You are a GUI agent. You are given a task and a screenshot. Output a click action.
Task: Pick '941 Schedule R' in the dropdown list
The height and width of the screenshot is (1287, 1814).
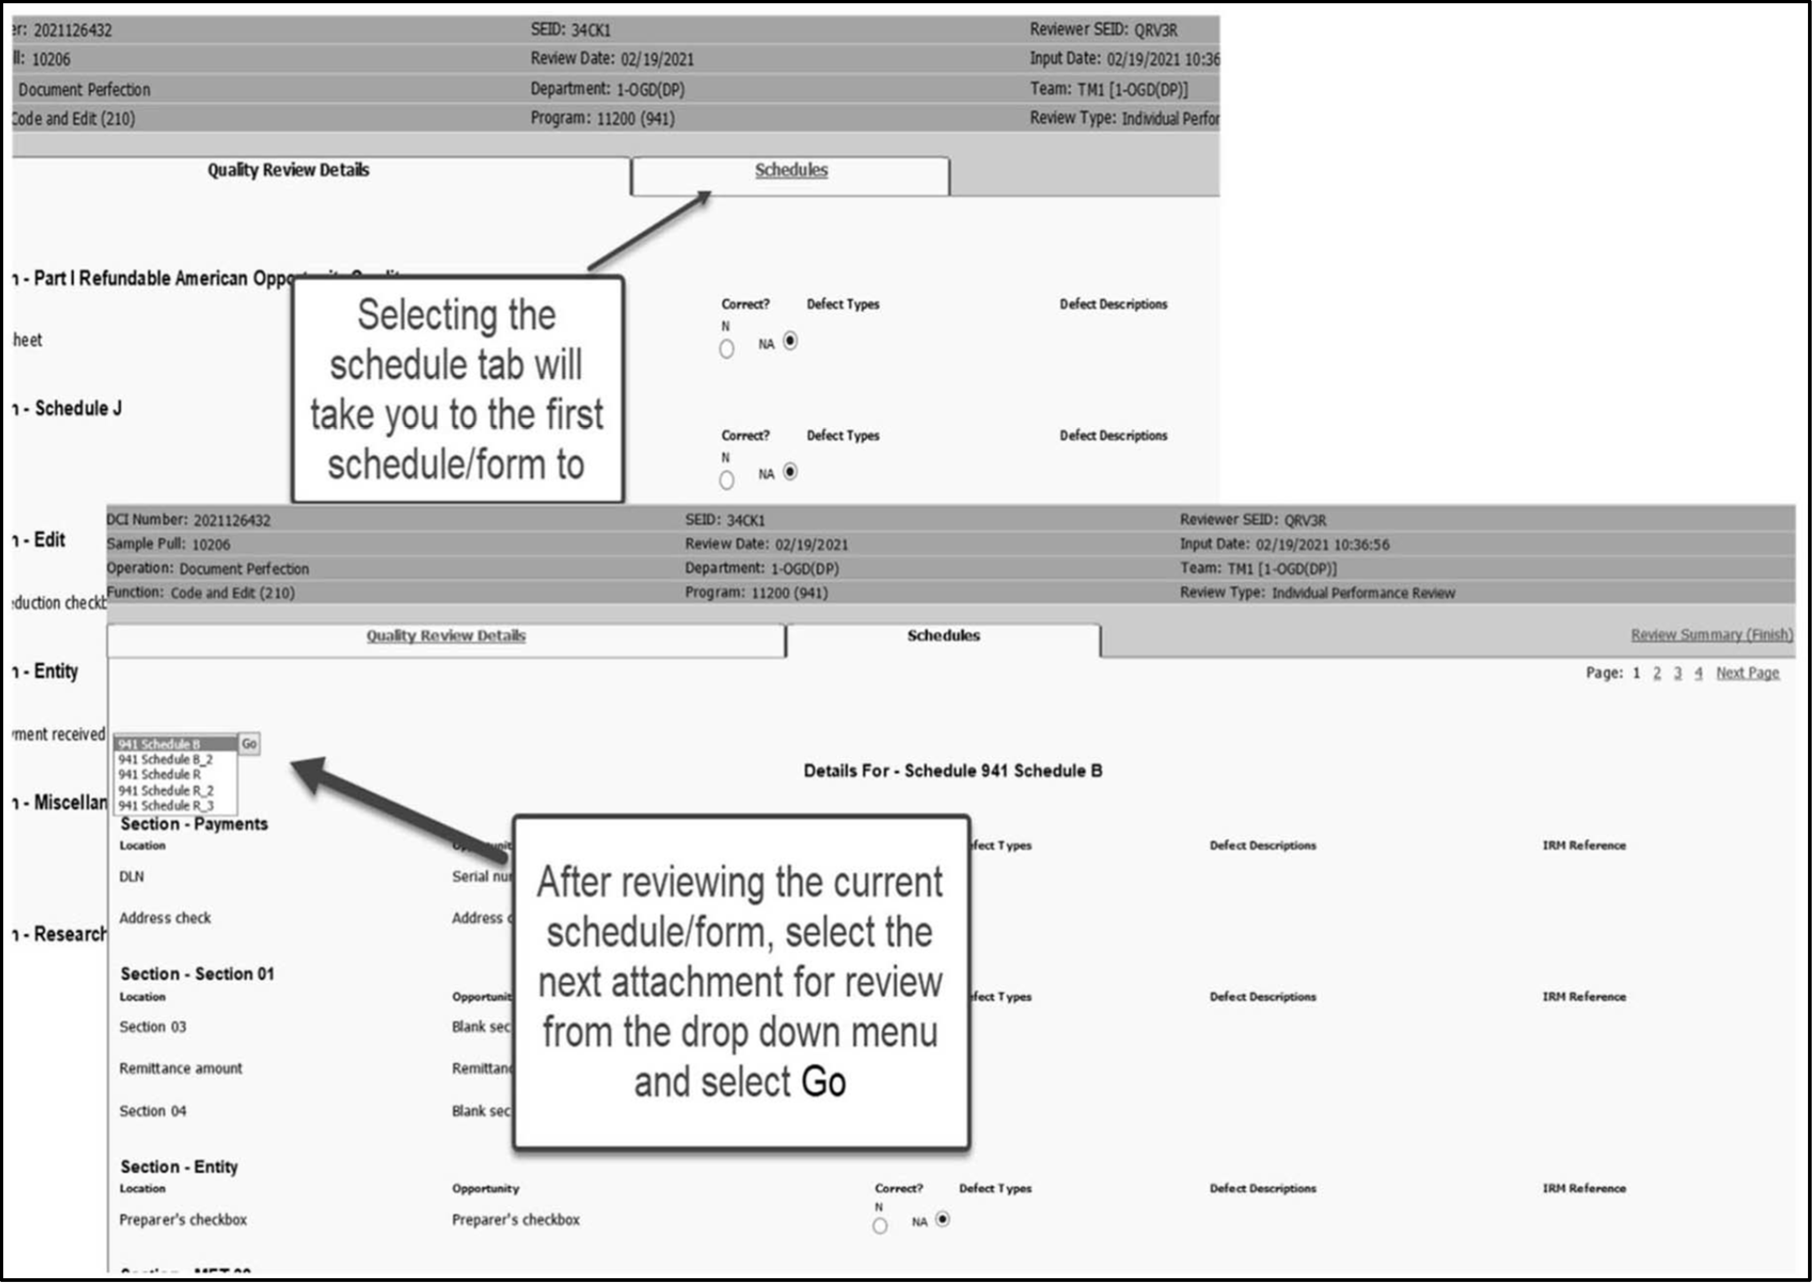coord(159,775)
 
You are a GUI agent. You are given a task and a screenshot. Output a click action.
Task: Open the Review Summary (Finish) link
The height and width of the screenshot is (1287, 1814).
coord(1711,635)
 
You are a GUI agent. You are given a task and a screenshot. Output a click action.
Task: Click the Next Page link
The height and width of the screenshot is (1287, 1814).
coord(1747,673)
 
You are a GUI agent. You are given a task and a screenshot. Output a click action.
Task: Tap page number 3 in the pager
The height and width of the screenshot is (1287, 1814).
coord(1677,673)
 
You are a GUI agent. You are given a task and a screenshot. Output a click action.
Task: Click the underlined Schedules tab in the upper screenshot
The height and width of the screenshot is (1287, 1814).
coord(791,170)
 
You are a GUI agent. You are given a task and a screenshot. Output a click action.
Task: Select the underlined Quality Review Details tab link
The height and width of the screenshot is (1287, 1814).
coord(446,636)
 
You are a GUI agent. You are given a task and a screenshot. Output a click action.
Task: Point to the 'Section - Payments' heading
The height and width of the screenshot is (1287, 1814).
coord(194,824)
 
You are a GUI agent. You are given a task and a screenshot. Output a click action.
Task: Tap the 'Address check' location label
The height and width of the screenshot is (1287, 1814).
coord(165,918)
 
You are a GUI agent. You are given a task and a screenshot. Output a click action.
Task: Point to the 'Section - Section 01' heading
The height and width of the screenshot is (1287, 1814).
coord(197,974)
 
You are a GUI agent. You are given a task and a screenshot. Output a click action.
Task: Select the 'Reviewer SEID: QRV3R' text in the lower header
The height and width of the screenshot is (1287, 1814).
coord(1253,520)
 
